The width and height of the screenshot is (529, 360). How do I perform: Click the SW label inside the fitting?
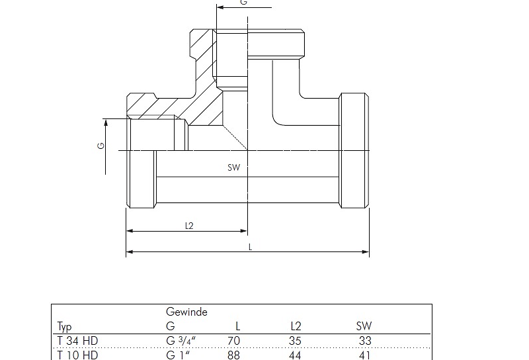(x=233, y=168)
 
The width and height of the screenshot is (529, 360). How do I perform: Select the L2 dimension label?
(x=189, y=225)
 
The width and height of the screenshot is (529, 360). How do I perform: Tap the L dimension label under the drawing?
(x=250, y=246)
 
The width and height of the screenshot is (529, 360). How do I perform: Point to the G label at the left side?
(x=101, y=146)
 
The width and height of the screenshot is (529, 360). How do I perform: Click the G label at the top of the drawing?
(x=243, y=3)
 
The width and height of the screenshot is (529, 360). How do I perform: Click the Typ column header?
(x=64, y=326)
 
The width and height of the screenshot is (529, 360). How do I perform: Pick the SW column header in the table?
(x=364, y=326)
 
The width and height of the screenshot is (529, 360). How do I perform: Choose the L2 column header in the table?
(x=296, y=326)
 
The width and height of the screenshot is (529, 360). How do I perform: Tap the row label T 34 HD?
(x=77, y=341)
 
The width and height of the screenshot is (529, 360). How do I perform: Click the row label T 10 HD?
(x=77, y=355)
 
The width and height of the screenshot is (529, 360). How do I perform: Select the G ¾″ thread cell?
(x=181, y=341)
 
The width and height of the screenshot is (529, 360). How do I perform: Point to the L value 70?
(x=233, y=341)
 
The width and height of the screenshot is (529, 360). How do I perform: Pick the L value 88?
(x=233, y=355)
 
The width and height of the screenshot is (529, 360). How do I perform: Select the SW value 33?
(x=364, y=341)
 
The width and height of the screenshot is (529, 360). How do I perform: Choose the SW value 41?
(x=364, y=355)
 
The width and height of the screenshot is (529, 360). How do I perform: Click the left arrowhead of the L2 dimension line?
(x=129, y=231)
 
